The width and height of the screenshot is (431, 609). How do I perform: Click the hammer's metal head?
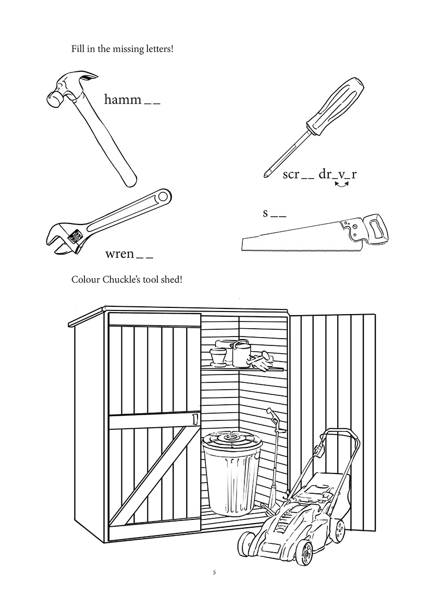point(68,86)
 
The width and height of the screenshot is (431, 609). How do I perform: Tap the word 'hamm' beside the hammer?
point(122,99)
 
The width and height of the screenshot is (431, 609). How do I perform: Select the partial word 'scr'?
point(291,175)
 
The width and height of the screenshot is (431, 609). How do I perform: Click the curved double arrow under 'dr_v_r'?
point(341,191)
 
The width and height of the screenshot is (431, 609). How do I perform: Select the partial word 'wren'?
point(120,254)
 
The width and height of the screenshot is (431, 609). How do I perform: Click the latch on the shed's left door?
point(195,418)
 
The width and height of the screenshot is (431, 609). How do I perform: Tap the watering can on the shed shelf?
point(241,353)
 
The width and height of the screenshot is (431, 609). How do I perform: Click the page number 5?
point(214,573)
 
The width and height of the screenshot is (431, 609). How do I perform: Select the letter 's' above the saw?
point(265,213)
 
